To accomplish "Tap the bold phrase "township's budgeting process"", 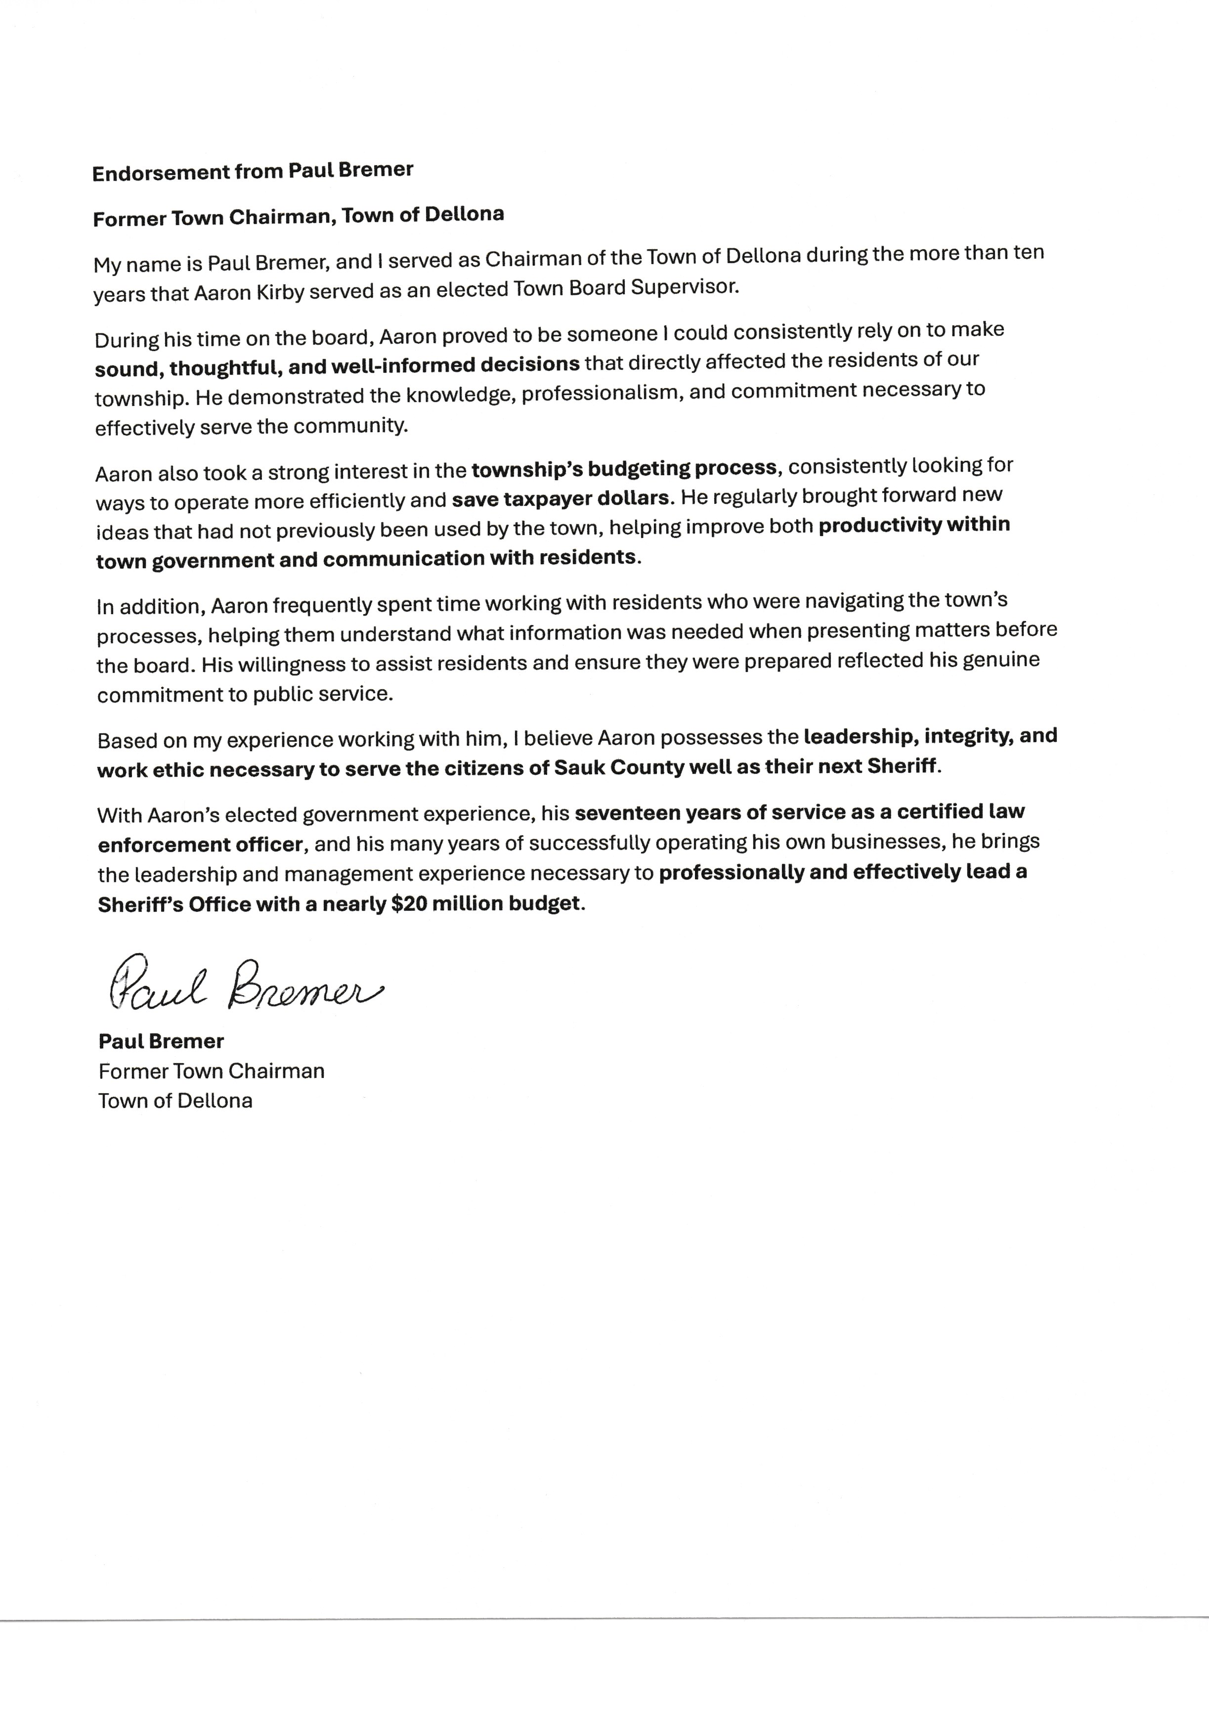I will [x=624, y=468].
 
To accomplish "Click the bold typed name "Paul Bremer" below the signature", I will [x=161, y=1041].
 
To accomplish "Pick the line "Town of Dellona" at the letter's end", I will [x=175, y=1100].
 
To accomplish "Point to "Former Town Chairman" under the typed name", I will [x=212, y=1071].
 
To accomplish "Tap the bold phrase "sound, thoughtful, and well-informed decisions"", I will [x=337, y=366].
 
